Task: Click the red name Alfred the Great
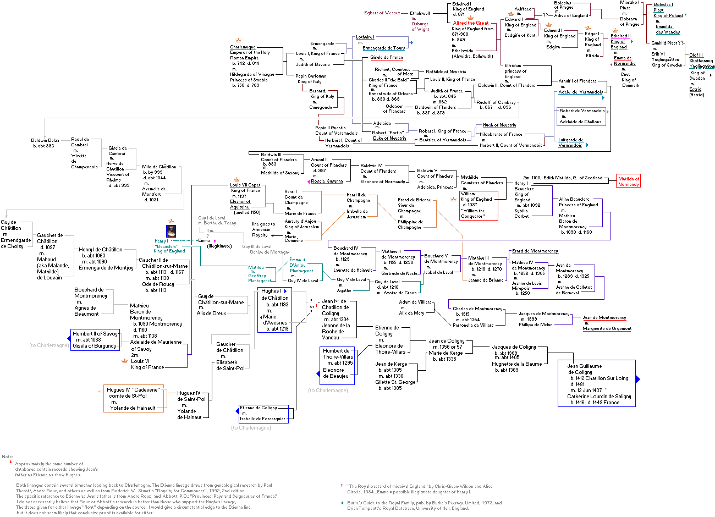click(471, 23)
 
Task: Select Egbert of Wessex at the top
click(382, 13)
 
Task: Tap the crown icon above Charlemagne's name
click(238, 40)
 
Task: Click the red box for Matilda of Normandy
click(629, 181)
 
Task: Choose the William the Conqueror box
click(479, 205)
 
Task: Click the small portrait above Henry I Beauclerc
click(170, 231)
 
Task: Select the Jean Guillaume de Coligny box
click(597, 383)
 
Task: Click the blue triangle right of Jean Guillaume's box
click(638, 379)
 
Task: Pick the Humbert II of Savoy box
click(95, 339)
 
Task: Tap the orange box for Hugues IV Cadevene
click(133, 399)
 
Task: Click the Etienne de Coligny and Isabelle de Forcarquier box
click(263, 413)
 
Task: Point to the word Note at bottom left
click(7, 457)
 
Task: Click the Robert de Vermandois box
click(582, 116)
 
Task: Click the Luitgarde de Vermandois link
click(570, 142)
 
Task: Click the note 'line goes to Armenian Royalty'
click(263, 229)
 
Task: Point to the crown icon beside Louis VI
click(124, 361)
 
